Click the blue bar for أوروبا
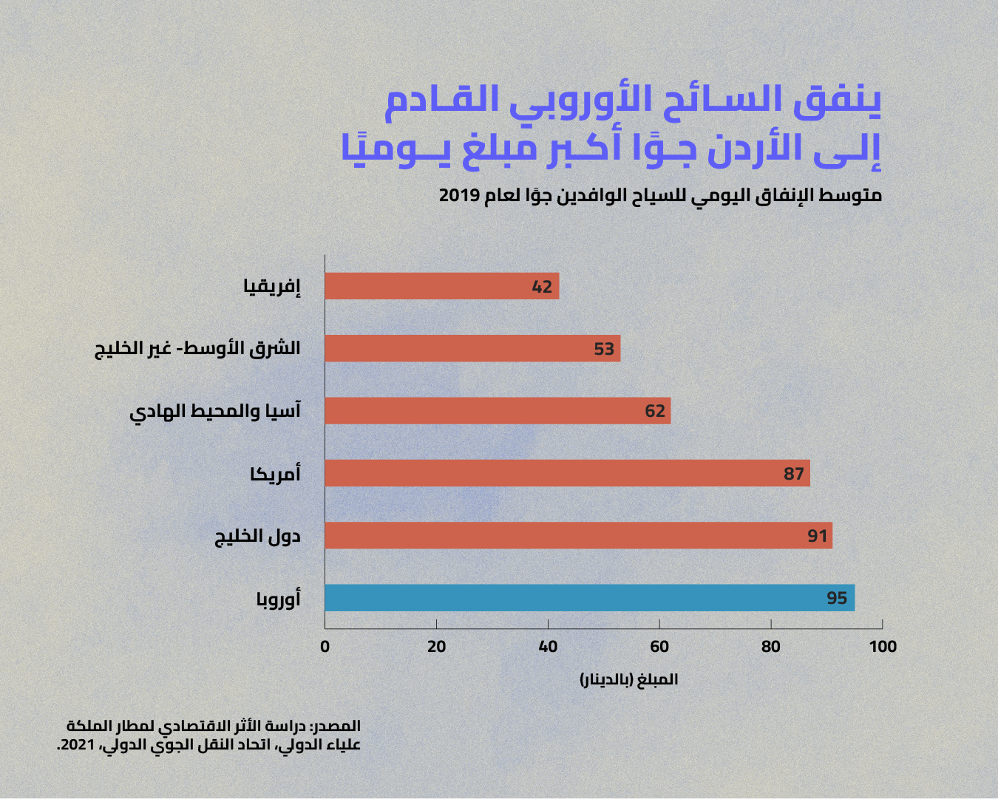tap(590, 598)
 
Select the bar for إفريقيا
tap(442, 286)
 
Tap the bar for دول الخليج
tap(579, 536)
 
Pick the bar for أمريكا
tap(568, 473)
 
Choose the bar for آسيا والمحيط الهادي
tap(498, 410)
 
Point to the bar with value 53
tap(473, 348)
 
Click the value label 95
tap(837, 598)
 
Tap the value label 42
tap(542, 287)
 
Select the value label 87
tap(793, 474)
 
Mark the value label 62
tap(655, 411)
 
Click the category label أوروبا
tap(278, 599)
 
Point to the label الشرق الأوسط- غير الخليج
tap(197, 348)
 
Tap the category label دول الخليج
tap(257, 537)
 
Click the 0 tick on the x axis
tap(325, 647)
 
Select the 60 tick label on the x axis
tap(659, 647)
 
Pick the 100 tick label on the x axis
tap(883, 647)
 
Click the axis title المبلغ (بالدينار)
tap(629, 680)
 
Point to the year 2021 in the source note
tap(77, 745)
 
